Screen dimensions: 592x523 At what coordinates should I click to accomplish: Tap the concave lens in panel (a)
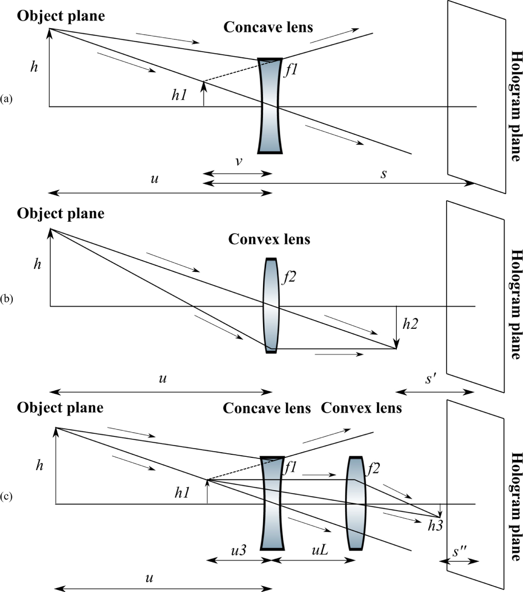[270, 105]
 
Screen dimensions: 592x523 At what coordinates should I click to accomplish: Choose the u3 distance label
[239, 552]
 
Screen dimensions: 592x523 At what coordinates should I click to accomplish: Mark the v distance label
[238, 162]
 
